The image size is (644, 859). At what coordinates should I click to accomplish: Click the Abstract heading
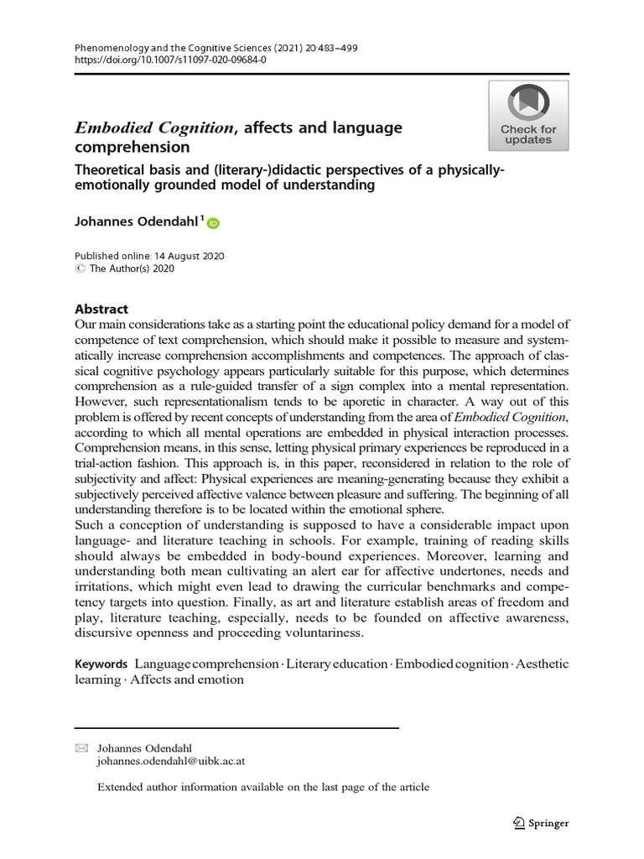click(x=101, y=308)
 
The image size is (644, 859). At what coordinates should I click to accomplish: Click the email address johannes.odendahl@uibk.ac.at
click(x=171, y=762)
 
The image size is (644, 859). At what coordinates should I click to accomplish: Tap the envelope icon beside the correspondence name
click(x=81, y=747)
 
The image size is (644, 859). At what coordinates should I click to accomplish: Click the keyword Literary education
click(x=335, y=664)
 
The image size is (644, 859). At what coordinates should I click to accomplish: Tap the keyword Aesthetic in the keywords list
click(x=541, y=664)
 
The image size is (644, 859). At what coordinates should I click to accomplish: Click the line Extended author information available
click(x=263, y=787)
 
